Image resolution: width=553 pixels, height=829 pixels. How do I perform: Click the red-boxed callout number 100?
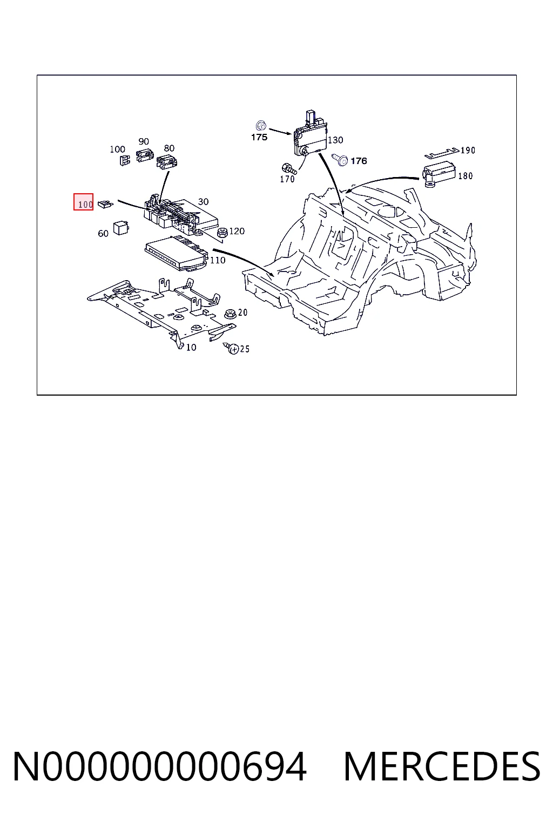tap(85, 205)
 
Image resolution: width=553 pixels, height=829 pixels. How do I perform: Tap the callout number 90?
tap(144, 141)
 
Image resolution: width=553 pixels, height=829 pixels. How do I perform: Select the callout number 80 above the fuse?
tap(169, 148)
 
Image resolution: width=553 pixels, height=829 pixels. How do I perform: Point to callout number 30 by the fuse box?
tap(204, 202)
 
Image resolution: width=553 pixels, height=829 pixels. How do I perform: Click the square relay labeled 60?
tap(121, 228)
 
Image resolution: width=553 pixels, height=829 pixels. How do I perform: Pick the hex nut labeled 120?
tap(222, 233)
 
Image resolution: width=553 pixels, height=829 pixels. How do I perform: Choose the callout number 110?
tap(218, 261)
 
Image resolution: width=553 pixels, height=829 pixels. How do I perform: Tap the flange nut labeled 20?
tap(230, 314)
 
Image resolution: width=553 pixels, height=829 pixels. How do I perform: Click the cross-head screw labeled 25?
tap(232, 349)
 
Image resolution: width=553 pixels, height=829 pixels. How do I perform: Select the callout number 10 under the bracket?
tap(191, 347)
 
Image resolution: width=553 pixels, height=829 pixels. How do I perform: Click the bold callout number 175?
tap(259, 137)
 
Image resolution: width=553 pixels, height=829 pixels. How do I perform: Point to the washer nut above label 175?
tap(261, 125)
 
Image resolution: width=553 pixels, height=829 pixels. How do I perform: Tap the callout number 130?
tap(335, 140)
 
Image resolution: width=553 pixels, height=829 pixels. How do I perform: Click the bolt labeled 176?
tap(340, 160)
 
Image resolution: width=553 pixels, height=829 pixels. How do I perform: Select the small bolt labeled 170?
tap(289, 168)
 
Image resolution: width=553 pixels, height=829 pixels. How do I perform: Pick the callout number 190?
tap(468, 150)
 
